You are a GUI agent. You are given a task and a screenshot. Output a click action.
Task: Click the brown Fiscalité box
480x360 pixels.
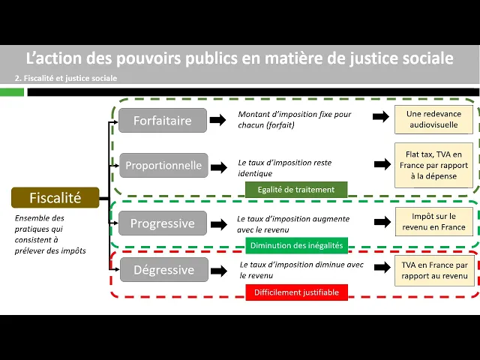[55, 198]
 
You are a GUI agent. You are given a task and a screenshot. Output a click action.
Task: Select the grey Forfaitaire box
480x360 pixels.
[162, 120]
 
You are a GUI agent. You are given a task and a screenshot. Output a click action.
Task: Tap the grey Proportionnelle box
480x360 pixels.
[163, 165]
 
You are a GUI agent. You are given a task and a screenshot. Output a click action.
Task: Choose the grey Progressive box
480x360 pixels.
[162, 223]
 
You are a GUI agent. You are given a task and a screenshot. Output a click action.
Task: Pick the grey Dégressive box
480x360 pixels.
[162, 269]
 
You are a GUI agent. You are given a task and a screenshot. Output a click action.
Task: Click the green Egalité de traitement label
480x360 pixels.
[295, 190]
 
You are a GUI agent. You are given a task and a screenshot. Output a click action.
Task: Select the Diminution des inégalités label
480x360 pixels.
[296, 244]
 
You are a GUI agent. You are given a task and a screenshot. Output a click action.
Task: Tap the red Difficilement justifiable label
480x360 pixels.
[296, 292]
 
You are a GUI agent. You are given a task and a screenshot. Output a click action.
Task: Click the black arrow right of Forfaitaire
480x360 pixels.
[217, 120]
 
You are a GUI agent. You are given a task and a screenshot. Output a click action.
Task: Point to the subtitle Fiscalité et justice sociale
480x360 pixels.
[66, 78]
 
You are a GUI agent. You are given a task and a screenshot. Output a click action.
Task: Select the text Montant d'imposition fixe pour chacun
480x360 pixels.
[294, 119]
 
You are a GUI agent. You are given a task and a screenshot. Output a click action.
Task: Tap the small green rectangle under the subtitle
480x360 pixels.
[12, 92]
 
